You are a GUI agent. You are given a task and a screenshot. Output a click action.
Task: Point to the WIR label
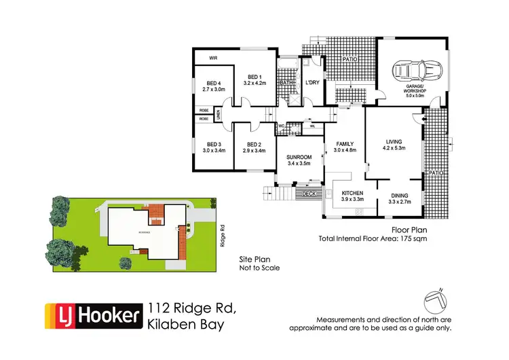pos(213,58)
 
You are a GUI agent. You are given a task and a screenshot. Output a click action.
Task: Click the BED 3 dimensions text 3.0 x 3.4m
pos(213,150)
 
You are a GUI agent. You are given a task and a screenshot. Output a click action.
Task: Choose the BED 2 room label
pos(254,144)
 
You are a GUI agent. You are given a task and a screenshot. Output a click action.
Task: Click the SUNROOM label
pos(299,157)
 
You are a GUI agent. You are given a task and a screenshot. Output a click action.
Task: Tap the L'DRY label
pos(312,82)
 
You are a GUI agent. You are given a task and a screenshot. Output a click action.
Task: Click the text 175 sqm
pos(415,238)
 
